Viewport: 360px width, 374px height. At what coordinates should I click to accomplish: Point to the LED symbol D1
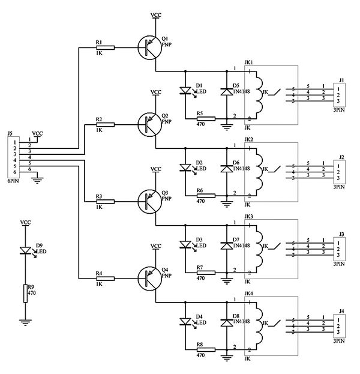(x=185, y=92)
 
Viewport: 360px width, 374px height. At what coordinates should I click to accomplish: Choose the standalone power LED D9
(x=25, y=250)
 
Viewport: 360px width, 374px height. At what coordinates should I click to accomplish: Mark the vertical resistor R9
(x=25, y=293)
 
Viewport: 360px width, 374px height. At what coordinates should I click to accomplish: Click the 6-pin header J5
(x=11, y=156)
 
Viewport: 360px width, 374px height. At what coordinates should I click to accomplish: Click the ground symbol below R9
(x=25, y=322)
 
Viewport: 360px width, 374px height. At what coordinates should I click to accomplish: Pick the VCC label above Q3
(x=155, y=169)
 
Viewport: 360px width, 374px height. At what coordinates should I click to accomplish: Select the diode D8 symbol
(x=227, y=324)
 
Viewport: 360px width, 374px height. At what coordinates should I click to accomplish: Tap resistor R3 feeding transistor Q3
(x=106, y=202)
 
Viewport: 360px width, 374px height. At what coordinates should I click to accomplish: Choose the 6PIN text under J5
(x=12, y=180)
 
